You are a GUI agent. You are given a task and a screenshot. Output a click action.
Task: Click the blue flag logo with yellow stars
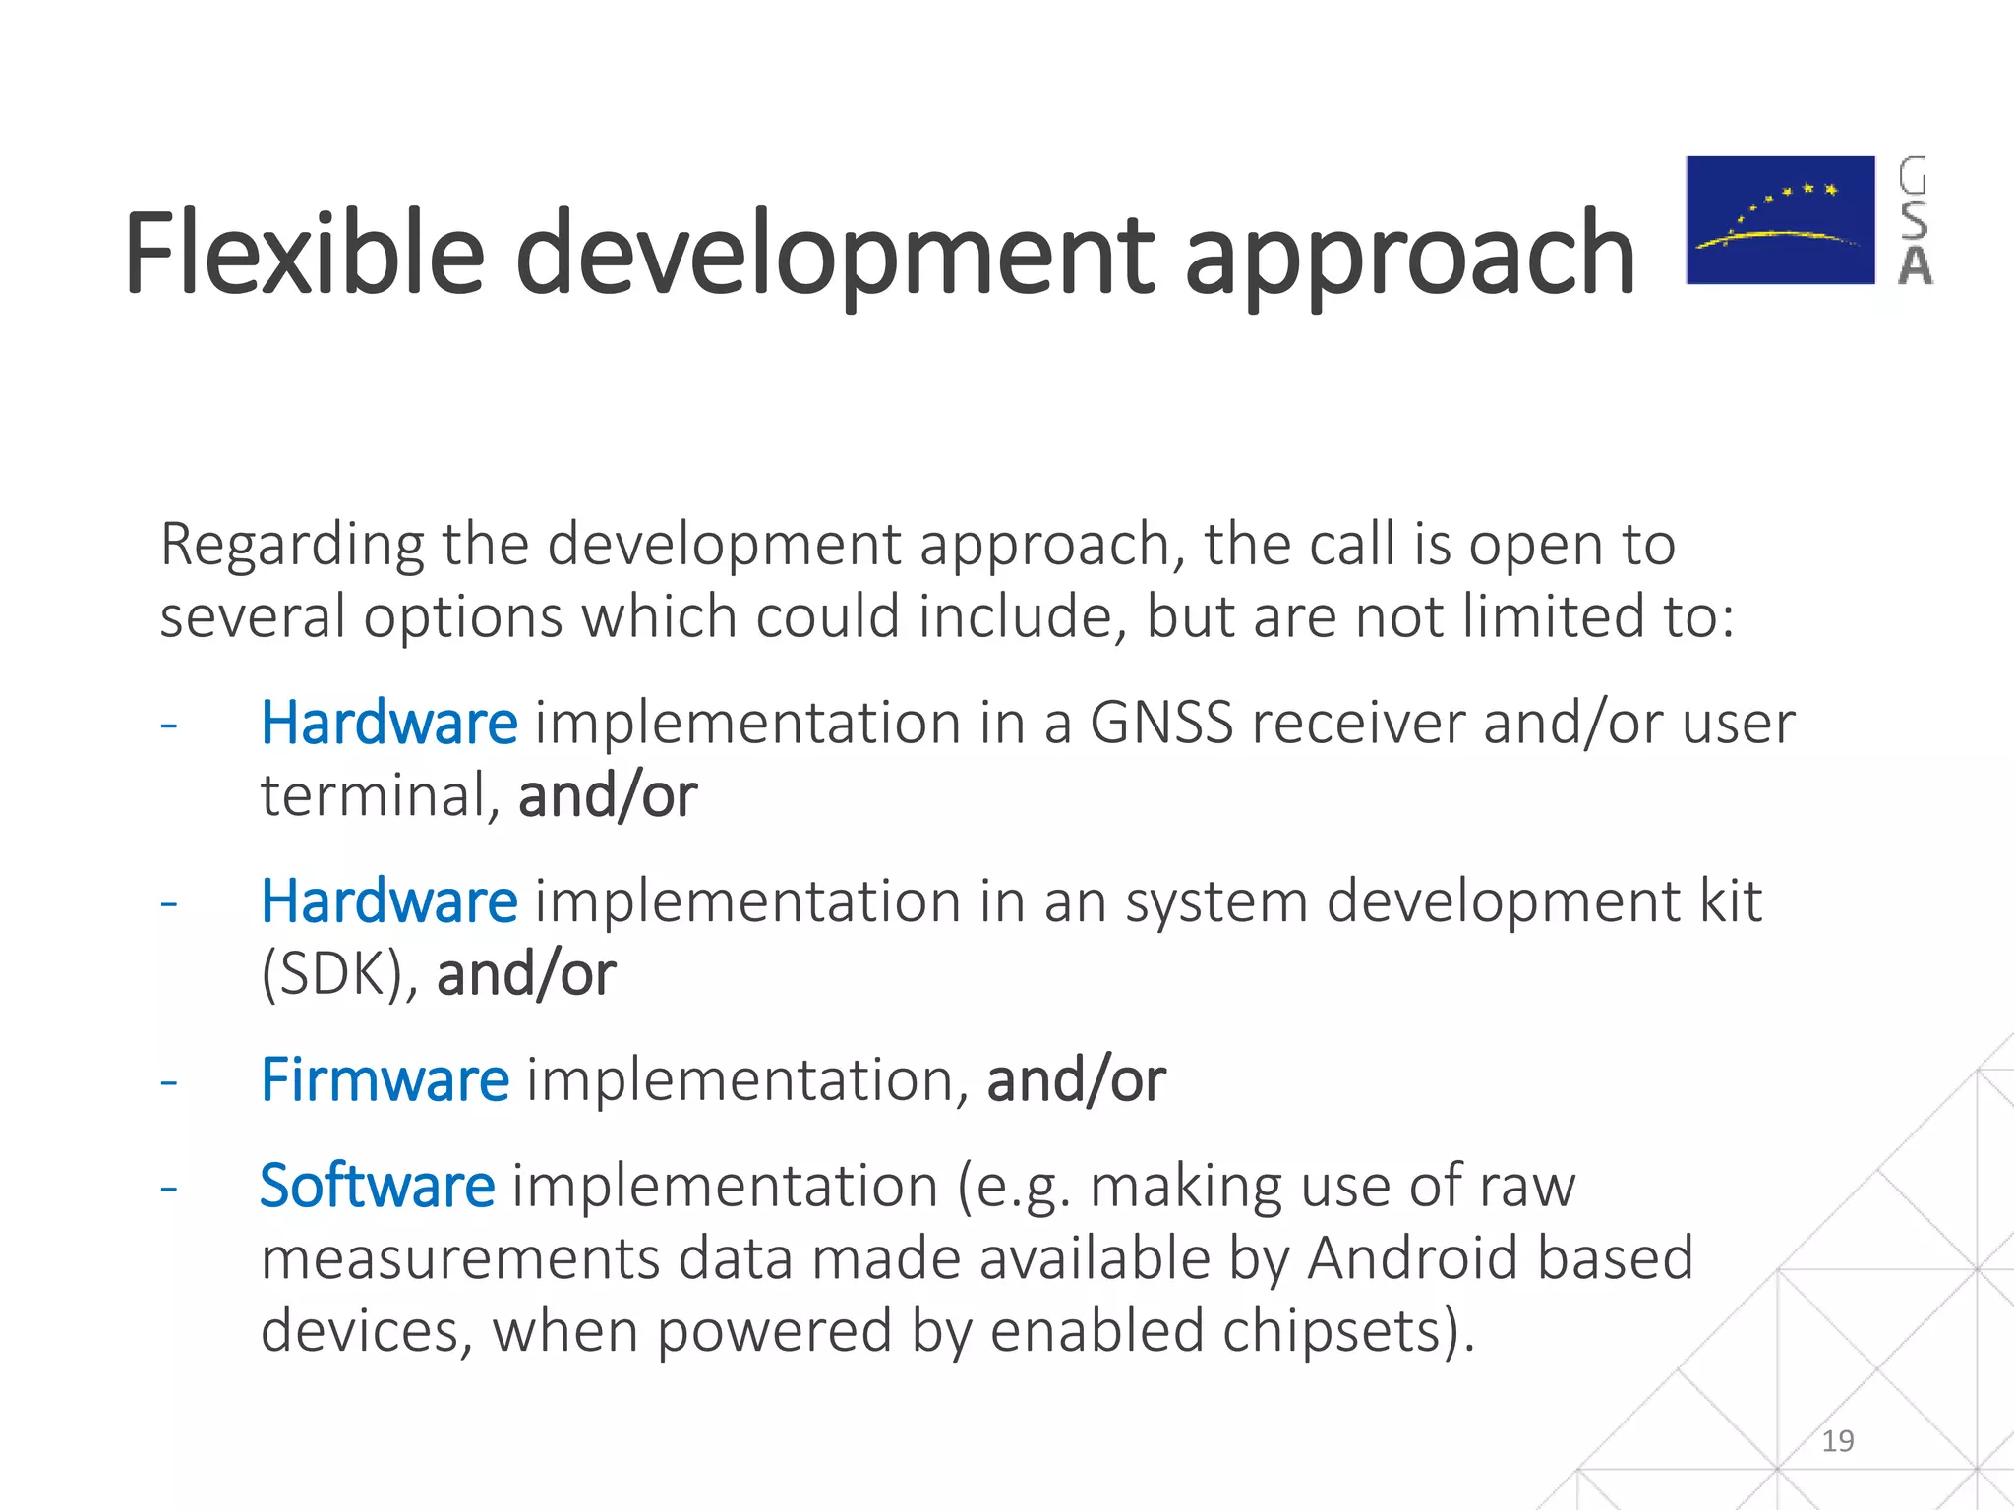1780,220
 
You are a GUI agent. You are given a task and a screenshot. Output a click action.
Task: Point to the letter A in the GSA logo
1915,266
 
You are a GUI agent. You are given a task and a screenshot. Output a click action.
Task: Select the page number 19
1837,1441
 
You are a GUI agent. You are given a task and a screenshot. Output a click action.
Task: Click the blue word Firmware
385,1080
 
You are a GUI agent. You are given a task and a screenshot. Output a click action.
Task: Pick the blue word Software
377,1186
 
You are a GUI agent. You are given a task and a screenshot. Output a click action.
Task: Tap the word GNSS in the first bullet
1160,724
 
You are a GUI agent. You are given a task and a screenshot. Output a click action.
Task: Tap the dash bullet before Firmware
169,1082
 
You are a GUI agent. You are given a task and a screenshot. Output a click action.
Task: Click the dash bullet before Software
169,1188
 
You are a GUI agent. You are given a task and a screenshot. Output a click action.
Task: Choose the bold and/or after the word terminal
607,795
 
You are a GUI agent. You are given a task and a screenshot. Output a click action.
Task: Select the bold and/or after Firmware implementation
1076,1080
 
